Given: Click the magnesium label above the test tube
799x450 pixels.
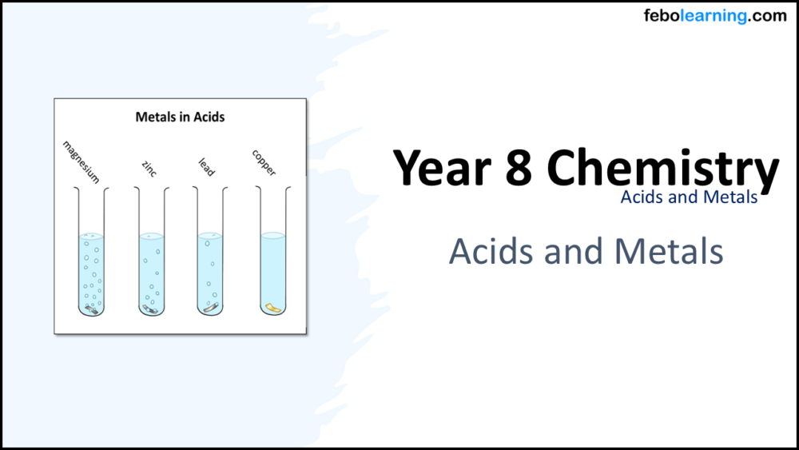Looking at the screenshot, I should (x=81, y=161).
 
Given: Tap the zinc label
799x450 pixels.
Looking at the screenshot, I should (x=149, y=168).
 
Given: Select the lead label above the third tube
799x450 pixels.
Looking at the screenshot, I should (x=206, y=167).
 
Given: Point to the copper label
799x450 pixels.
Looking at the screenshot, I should (x=264, y=163).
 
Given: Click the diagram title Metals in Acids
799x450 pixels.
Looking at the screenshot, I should (x=180, y=117).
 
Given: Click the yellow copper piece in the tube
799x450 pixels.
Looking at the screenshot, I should (x=272, y=306).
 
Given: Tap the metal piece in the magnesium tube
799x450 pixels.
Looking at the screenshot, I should (x=92, y=308).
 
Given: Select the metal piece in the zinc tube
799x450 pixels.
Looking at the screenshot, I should (x=149, y=307).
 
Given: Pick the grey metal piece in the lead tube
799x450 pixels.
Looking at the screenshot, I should (x=210, y=307).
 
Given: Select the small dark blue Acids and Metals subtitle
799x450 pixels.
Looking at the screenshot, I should (x=689, y=197).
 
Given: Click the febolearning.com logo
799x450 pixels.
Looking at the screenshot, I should (x=715, y=16).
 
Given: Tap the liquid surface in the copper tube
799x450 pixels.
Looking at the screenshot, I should (x=272, y=235).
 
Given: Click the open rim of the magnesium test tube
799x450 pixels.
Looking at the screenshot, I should (x=90, y=189).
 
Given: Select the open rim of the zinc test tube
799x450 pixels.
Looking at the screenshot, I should (x=150, y=189).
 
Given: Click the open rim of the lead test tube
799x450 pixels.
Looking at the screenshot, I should (x=211, y=189).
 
